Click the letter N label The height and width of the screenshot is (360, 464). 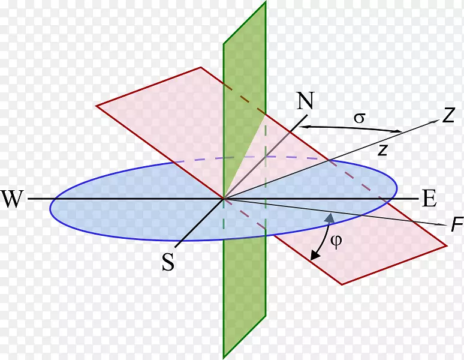tap(305, 101)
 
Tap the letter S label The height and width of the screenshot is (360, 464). tap(168, 262)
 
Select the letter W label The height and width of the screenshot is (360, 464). tap(12, 199)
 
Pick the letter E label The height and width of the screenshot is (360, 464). tap(430, 199)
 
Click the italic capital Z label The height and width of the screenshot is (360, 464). tap(448, 115)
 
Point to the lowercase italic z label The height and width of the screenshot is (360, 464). tap(383, 150)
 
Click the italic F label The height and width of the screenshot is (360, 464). tap(457, 224)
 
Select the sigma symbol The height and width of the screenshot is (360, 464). tap(360, 118)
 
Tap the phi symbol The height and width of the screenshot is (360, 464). tap(336, 241)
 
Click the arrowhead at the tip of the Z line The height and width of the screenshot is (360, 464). tap(436, 121)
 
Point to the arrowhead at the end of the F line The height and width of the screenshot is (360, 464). tap(442, 225)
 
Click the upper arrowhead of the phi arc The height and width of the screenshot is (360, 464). tap(329, 218)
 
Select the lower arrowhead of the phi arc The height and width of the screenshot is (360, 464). tap(314, 255)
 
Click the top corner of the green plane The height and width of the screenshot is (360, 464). tap(266, 1)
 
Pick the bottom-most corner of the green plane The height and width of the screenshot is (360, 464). tap(224, 358)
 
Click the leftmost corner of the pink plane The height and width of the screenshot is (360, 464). tap(96, 106)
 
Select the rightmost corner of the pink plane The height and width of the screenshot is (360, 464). tap(446, 245)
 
